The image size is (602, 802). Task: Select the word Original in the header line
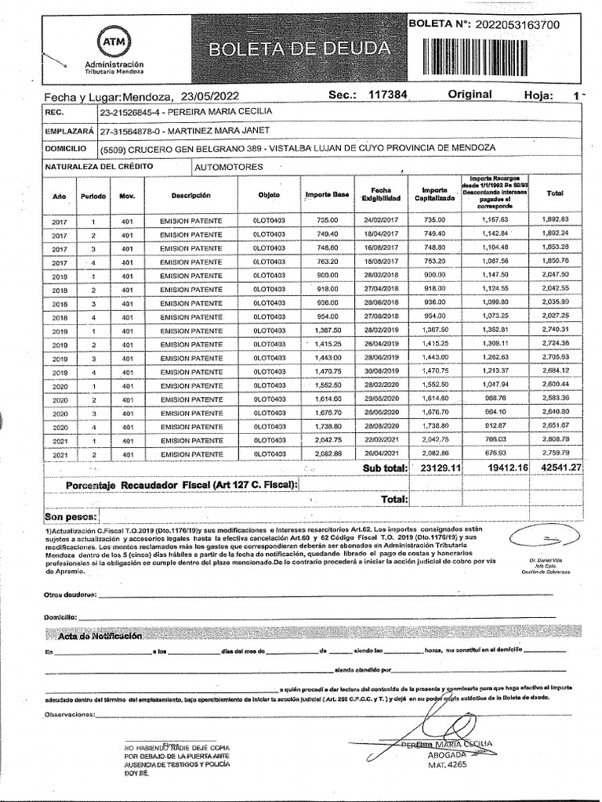[x=470, y=94]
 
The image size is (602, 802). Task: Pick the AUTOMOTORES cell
[x=231, y=167]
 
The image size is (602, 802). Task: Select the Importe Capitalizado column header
[x=433, y=194]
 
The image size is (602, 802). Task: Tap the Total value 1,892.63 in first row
[x=554, y=221]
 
